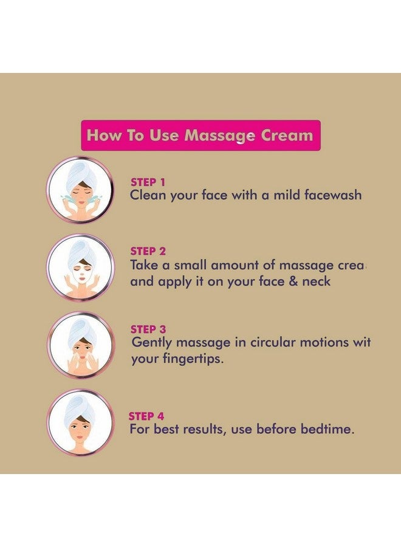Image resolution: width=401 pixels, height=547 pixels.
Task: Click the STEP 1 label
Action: coord(148,182)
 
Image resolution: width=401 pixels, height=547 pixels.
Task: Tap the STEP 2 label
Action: coord(148,251)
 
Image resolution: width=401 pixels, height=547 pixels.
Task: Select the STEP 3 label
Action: coord(148,329)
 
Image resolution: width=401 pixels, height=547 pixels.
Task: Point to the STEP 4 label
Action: coord(146,416)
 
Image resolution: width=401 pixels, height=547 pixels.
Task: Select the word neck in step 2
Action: coord(316,281)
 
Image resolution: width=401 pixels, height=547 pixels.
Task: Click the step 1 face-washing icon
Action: coord(80,190)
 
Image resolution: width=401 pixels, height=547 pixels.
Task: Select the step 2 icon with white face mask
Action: coord(80,268)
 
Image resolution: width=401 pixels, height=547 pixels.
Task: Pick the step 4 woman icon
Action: coord(80,423)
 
